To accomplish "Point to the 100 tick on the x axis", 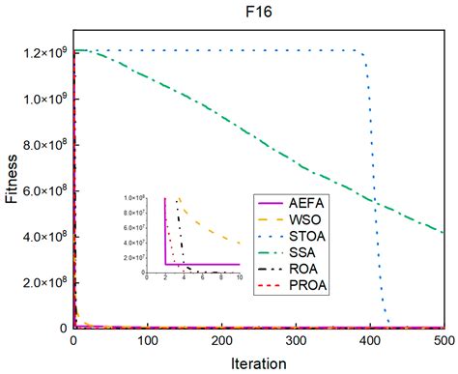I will pyautogui.click(x=148, y=341).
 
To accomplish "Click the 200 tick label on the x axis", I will pyautogui.click(x=222, y=341).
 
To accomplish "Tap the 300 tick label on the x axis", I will pyautogui.click(x=297, y=341).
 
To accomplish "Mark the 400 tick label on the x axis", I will pyautogui.click(x=371, y=341).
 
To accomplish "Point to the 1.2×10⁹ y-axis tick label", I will pyautogui.click(x=43, y=52).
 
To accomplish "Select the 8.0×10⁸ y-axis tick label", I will pyautogui.click(x=43, y=144).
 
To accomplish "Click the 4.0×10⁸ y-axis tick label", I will pyautogui.click(x=43, y=237).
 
